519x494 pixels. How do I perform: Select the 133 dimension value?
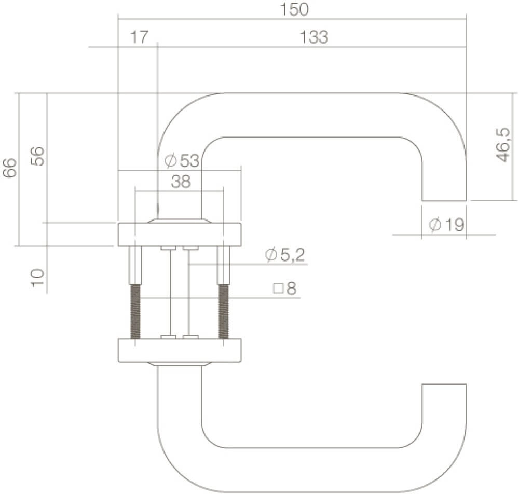pyautogui.click(x=314, y=37)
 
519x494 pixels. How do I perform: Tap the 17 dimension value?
pyautogui.click(x=139, y=37)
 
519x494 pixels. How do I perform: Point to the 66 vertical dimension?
pyautogui.click(x=10, y=169)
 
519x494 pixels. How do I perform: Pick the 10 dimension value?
pyautogui.click(x=37, y=279)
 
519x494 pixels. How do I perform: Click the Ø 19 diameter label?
pyautogui.click(x=447, y=225)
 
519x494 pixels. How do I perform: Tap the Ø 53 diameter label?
pyautogui.click(x=182, y=161)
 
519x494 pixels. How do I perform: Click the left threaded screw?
pyautogui.click(x=135, y=311)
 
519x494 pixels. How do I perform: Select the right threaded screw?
pyautogui.click(x=224, y=311)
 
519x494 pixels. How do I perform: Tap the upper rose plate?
pyautogui.click(x=180, y=235)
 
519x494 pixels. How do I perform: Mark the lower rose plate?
pyautogui.click(x=180, y=351)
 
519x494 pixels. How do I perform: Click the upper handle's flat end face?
pyautogui.click(x=444, y=200)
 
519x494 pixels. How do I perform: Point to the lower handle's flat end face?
pyautogui.click(x=444, y=385)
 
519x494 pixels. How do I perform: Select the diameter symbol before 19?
pyautogui.click(x=435, y=225)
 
